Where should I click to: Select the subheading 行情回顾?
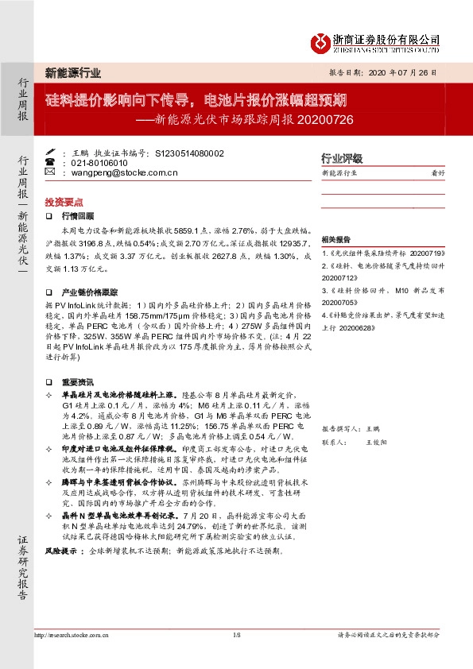(x=78, y=216)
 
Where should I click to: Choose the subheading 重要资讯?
(x=78, y=358)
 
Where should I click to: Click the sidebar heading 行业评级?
(x=342, y=158)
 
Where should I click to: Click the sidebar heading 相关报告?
(x=336, y=239)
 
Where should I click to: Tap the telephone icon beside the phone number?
(x=50, y=162)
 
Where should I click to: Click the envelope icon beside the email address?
(x=50, y=172)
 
